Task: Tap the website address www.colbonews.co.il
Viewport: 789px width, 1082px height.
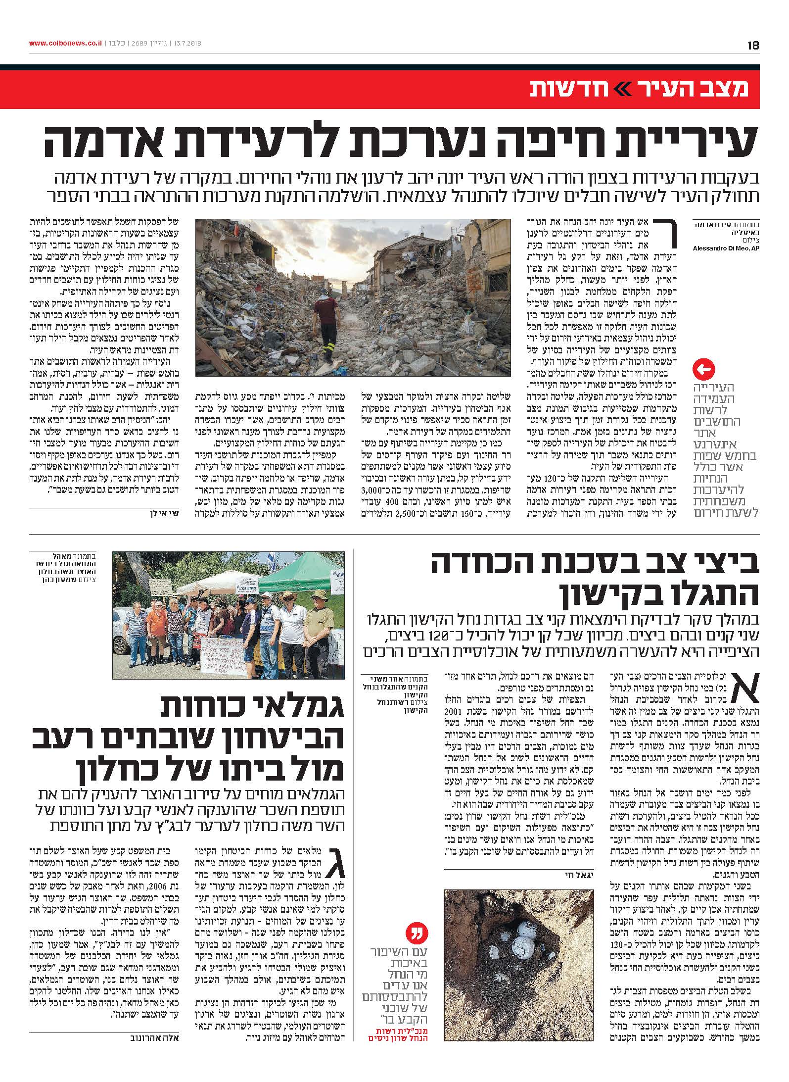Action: point(65,44)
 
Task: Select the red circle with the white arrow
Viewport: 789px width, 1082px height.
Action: point(705,369)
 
